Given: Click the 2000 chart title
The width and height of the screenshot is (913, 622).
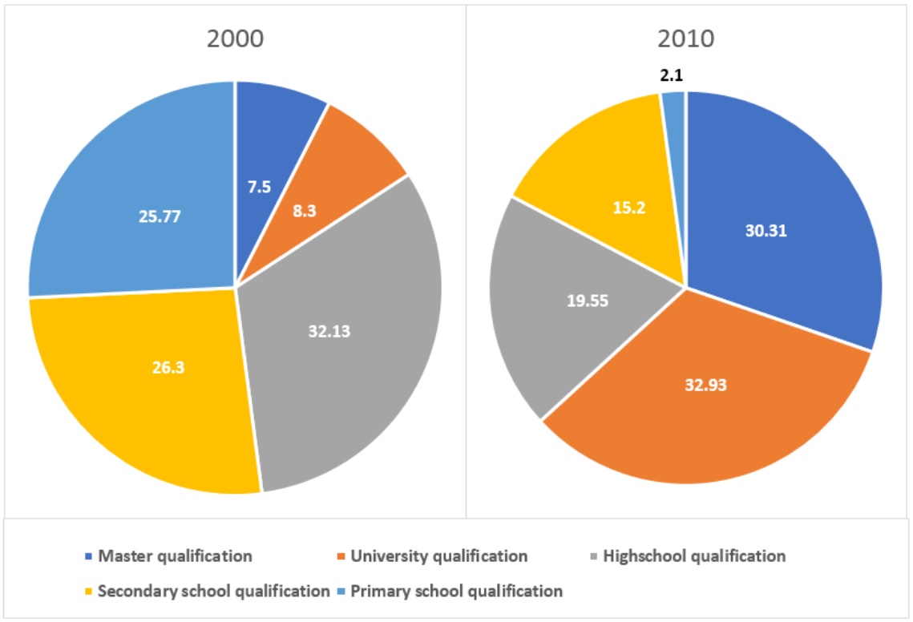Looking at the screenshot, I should [235, 39].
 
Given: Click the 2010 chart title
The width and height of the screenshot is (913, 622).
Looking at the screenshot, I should [686, 39].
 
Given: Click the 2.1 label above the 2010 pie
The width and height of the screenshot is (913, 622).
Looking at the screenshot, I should [671, 76].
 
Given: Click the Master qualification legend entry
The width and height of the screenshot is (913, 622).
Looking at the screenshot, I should [174, 555].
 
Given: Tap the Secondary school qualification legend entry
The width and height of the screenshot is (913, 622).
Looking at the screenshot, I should [213, 592].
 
